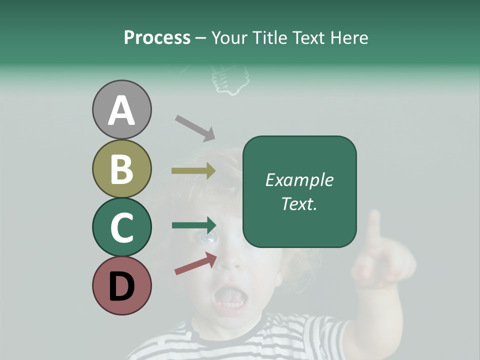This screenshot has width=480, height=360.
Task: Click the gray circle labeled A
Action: click(x=121, y=109)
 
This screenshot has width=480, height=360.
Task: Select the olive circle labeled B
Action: click(x=121, y=168)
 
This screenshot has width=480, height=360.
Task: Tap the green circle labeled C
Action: click(x=121, y=227)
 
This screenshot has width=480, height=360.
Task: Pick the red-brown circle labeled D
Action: click(x=121, y=285)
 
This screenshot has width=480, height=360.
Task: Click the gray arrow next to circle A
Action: click(x=195, y=127)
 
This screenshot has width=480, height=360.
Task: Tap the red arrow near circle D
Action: click(x=195, y=263)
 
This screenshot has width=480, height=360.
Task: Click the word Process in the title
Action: click(x=157, y=38)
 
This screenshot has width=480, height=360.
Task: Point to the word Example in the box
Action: click(x=299, y=180)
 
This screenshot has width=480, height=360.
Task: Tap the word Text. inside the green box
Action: click(x=299, y=203)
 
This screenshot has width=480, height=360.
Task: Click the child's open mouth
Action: click(x=229, y=299)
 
